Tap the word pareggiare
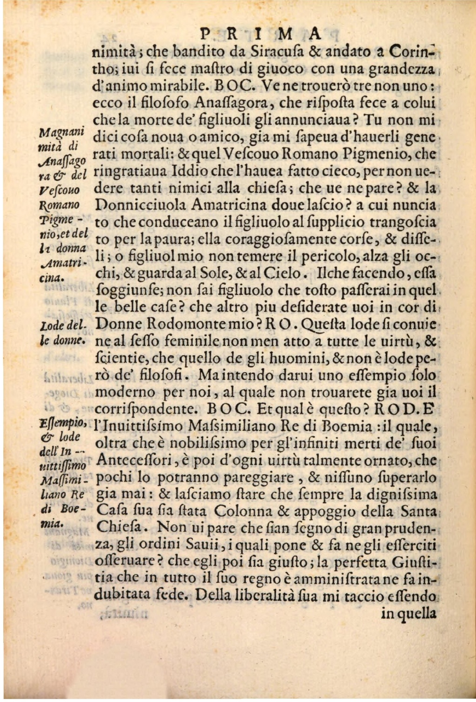click(258, 478)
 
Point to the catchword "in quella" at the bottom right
click(409, 614)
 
